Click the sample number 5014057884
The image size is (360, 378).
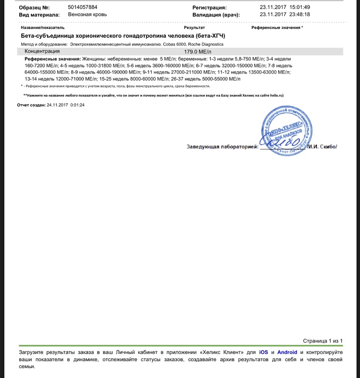(83, 7)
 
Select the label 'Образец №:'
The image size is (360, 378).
(34, 8)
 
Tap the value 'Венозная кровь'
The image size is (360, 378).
(87, 15)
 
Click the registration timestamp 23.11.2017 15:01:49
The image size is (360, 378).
(285, 7)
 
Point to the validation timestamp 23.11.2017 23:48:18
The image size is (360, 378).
(285, 15)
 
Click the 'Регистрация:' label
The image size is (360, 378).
(209, 8)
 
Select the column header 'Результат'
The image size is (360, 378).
(194, 28)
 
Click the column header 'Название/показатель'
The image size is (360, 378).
(43, 28)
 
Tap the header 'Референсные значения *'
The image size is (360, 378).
(277, 28)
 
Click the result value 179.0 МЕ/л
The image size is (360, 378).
(197, 52)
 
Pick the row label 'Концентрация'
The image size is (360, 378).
(42, 51)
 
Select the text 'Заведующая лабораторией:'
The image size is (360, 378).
(222, 146)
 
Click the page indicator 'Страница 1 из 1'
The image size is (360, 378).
(323, 341)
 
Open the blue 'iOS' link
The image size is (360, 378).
(264, 352)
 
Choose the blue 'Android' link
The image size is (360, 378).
(287, 352)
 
